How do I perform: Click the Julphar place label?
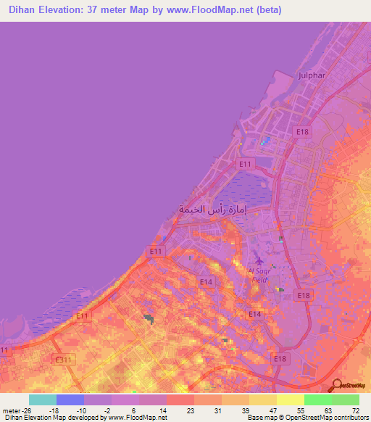click(313, 75)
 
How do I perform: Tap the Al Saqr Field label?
click(259, 275)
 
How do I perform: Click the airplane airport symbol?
click(258, 260)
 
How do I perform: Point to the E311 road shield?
click(63, 359)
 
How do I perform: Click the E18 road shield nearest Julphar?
click(303, 131)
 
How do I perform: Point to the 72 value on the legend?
click(354, 410)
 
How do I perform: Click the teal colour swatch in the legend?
click(42, 400)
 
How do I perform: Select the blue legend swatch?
click(70, 400)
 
